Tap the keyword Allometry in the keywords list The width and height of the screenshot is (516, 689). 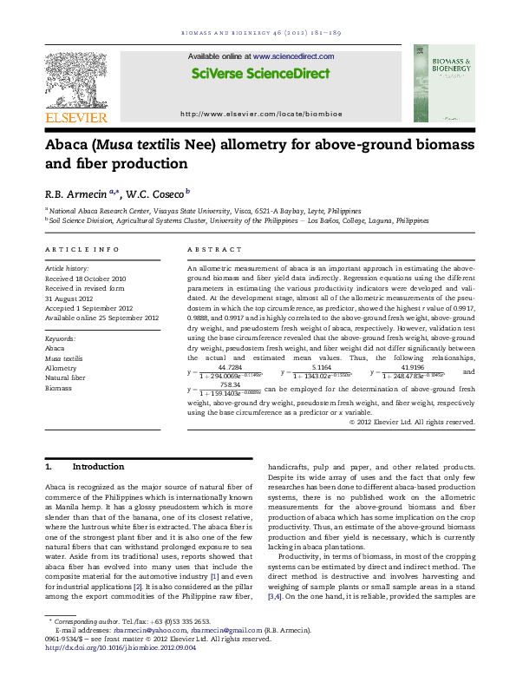coord(61,367)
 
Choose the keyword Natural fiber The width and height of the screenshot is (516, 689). coord(65,377)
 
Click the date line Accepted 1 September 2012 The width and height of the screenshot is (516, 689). coord(88,308)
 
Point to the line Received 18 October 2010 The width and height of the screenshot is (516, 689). coord(87,278)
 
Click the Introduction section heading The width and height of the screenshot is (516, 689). coord(98,467)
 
